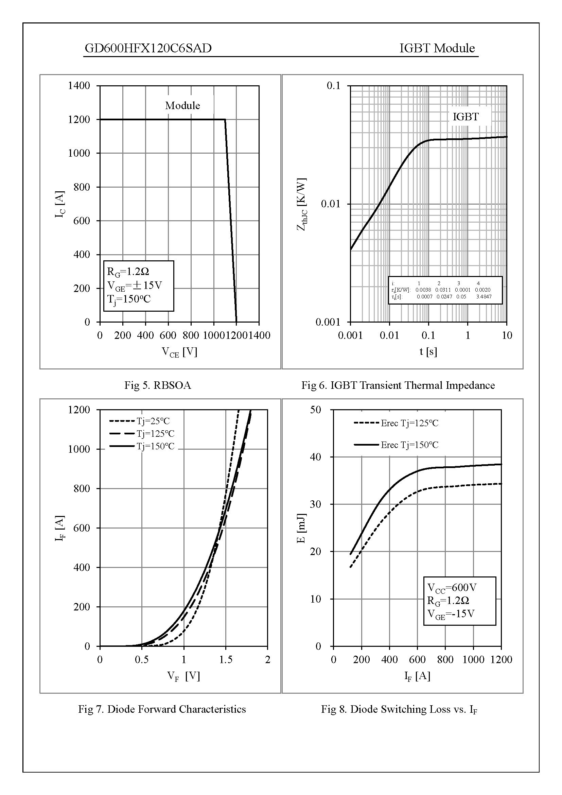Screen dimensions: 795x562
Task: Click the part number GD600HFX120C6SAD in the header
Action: (148, 48)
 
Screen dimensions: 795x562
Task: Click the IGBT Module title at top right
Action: (437, 48)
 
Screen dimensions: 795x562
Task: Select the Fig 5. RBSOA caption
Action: (158, 385)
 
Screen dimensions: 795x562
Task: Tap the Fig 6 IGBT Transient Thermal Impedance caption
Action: (398, 385)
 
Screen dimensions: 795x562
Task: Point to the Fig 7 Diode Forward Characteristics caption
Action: (162, 709)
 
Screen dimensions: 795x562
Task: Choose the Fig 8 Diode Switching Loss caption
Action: (399, 709)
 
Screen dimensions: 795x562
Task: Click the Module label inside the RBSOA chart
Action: (182, 105)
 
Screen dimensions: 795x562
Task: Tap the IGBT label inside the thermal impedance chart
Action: (466, 117)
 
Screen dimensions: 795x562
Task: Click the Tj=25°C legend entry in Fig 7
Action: (153, 421)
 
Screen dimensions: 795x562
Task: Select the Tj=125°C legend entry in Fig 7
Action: (155, 433)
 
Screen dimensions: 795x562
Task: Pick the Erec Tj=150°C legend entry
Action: (409, 445)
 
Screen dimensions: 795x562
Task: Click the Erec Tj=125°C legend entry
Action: (409, 423)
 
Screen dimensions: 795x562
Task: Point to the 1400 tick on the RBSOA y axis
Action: (79, 86)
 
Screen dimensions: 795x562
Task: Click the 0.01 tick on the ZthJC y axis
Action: (331, 204)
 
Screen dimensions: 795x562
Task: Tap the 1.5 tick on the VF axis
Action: (226, 659)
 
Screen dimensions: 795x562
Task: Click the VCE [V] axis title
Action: (179, 352)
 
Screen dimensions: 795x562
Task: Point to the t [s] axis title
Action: (428, 351)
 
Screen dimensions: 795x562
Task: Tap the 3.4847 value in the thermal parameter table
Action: (484, 297)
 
